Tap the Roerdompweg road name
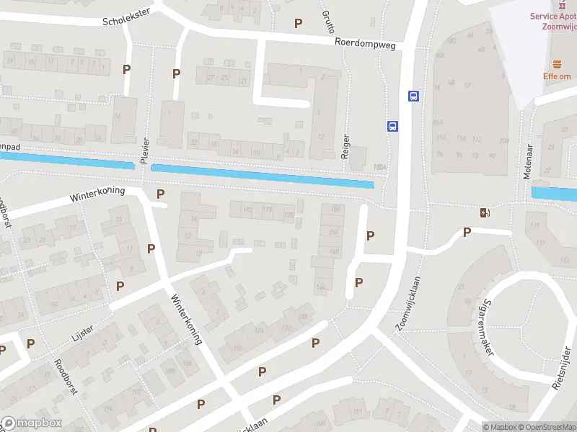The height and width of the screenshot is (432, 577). click(364, 42)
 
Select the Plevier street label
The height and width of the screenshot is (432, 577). click(145, 150)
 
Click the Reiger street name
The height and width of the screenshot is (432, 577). click(346, 148)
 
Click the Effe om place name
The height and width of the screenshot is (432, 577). click(558, 76)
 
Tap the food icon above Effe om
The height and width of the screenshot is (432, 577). click(557, 63)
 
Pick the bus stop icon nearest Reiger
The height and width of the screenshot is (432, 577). click(392, 125)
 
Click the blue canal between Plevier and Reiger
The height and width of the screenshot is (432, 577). click(263, 175)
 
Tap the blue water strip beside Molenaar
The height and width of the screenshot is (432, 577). click(554, 193)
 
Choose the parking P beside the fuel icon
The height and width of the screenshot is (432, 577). click(467, 232)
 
